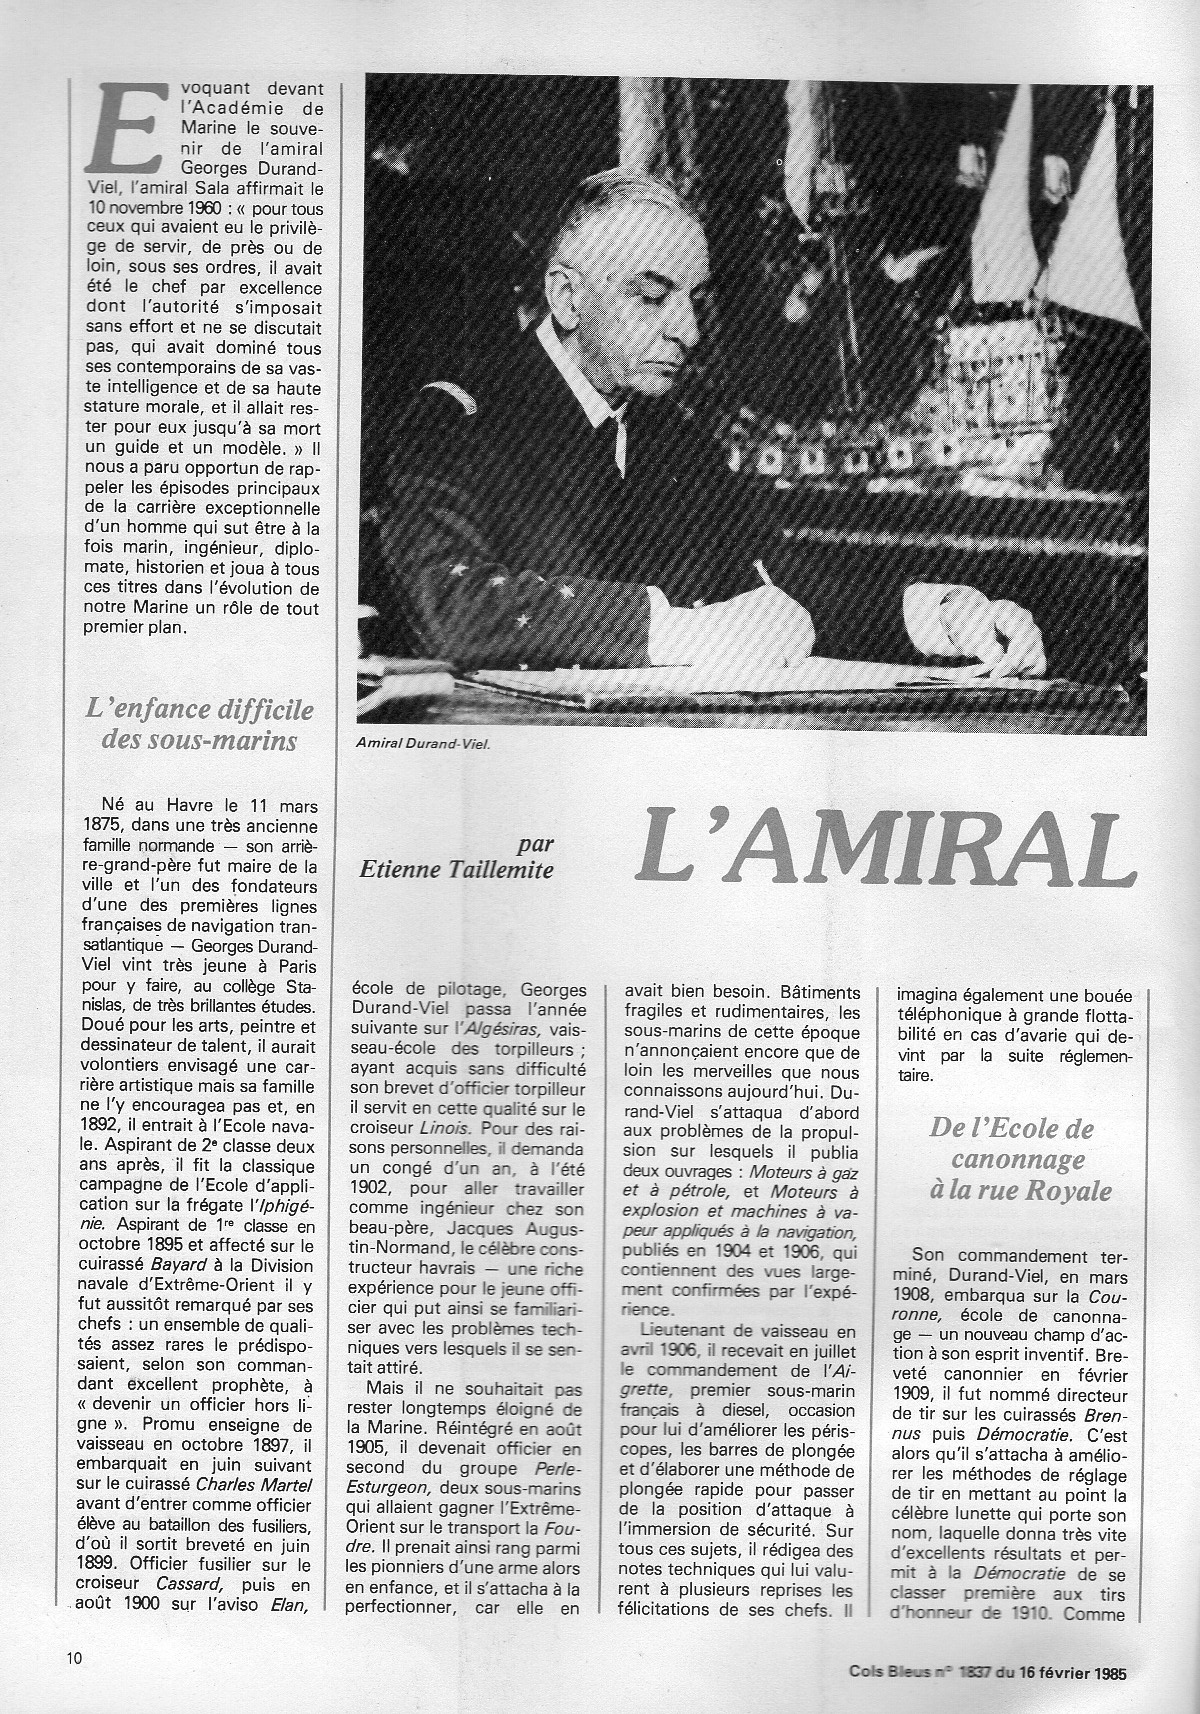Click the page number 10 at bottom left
(x=75, y=1657)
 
